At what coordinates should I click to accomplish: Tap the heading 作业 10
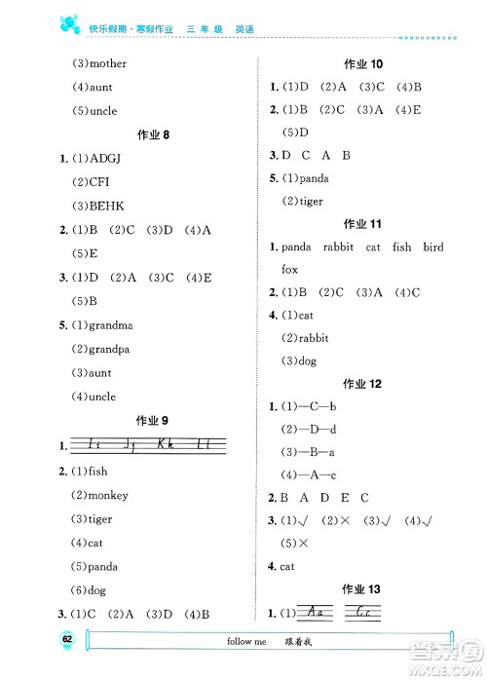(363, 64)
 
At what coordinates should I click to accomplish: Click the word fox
(289, 269)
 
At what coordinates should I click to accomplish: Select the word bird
(433, 247)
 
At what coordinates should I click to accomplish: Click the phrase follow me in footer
(243, 643)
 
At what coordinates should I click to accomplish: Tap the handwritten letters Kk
(169, 446)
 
